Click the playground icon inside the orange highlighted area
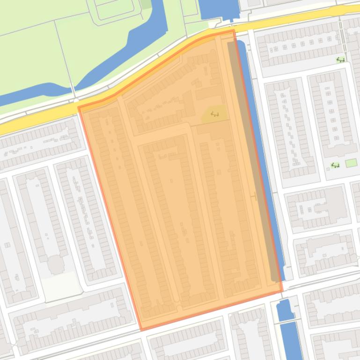(x=215, y=114)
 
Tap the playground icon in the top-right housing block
(x=340, y=60)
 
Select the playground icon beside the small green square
(x=335, y=165)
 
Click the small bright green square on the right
(x=351, y=163)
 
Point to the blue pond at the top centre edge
(x=219, y=8)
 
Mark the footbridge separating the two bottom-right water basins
(x=287, y=321)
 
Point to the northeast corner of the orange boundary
(x=234, y=31)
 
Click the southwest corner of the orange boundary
(x=141, y=330)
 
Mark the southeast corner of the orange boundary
(x=282, y=291)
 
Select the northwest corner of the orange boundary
(x=79, y=108)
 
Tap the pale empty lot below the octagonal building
(x=61, y=285)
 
